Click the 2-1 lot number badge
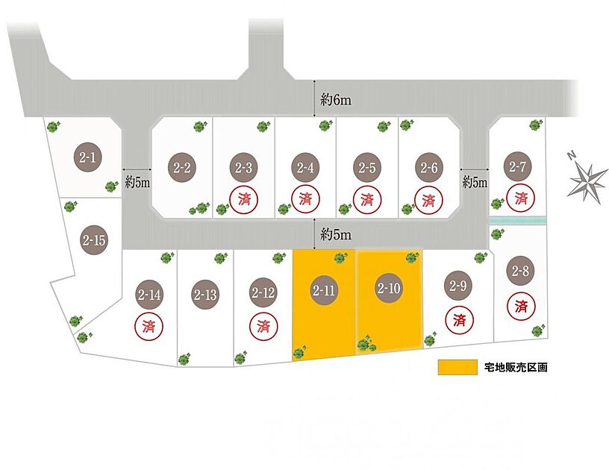88,157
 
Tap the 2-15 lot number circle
94,240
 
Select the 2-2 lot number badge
182,168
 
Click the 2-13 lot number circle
205,295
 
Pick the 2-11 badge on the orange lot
324,290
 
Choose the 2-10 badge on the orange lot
389,288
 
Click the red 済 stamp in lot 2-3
244,199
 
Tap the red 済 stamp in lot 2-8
521,306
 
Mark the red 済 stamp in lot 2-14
149,326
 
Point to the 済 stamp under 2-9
460,320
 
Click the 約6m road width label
336,100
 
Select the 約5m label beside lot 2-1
137,182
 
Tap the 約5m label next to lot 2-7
475,181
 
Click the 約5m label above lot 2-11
336,234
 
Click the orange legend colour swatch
457,367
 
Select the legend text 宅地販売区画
516,367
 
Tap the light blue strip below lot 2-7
517,220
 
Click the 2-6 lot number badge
429,168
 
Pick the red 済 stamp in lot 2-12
263,326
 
